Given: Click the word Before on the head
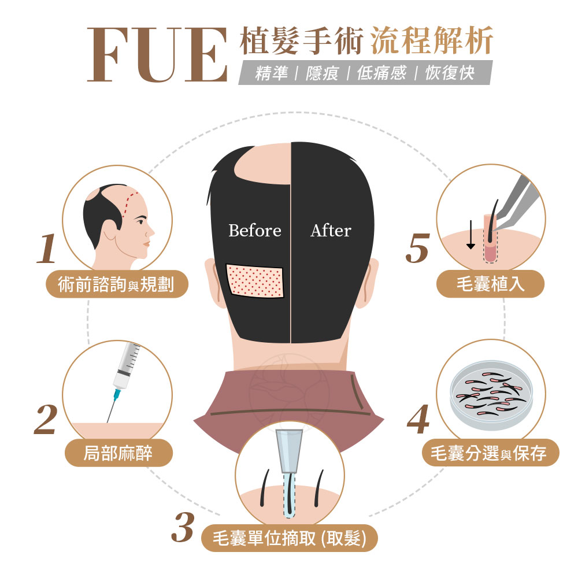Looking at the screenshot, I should coord(254,231).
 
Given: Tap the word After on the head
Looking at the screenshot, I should coord(331,231).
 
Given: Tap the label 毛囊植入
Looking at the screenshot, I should coord(490,284).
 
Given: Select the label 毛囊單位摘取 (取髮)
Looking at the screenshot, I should coord(290,538).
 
